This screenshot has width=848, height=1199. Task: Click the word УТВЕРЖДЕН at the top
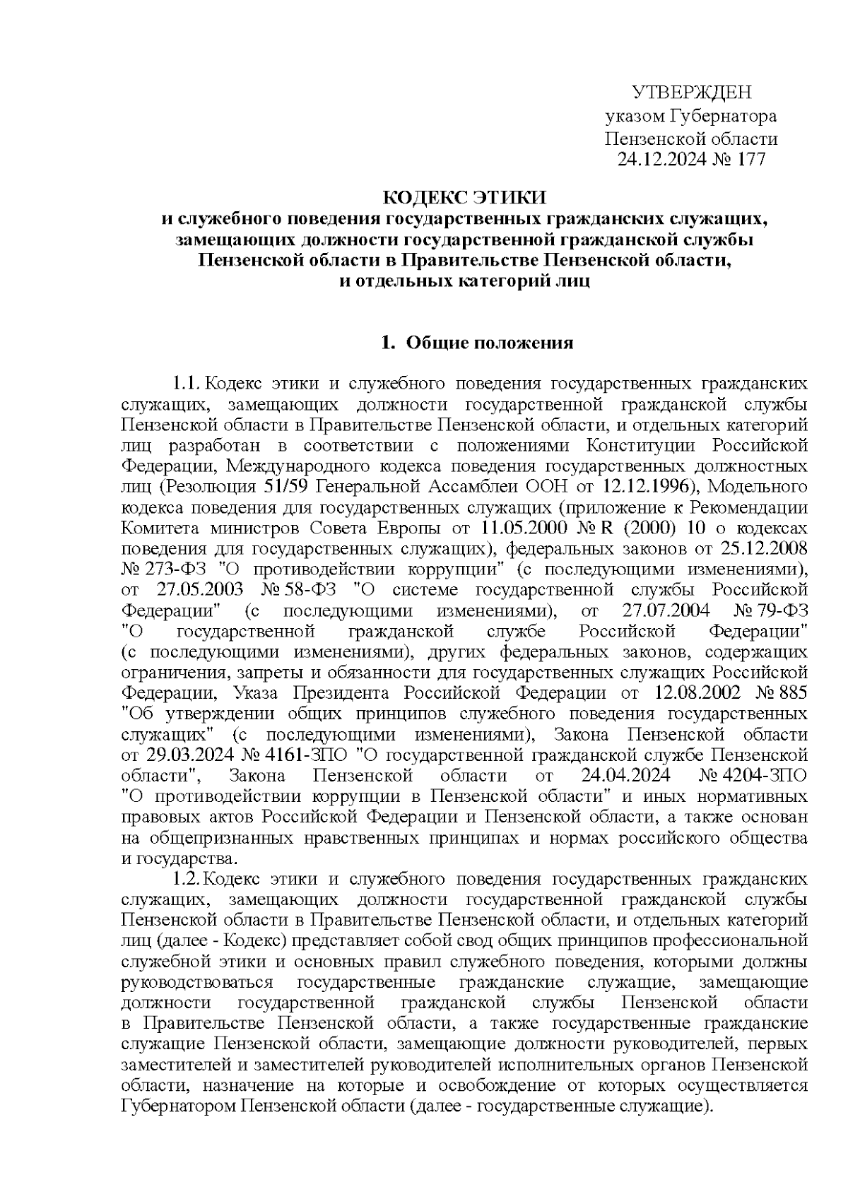pos(691,93)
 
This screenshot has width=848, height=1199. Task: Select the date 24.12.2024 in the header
pos(660,160)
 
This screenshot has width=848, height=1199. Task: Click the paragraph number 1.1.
pos(187,384)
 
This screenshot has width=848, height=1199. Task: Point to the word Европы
pos(435,528)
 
